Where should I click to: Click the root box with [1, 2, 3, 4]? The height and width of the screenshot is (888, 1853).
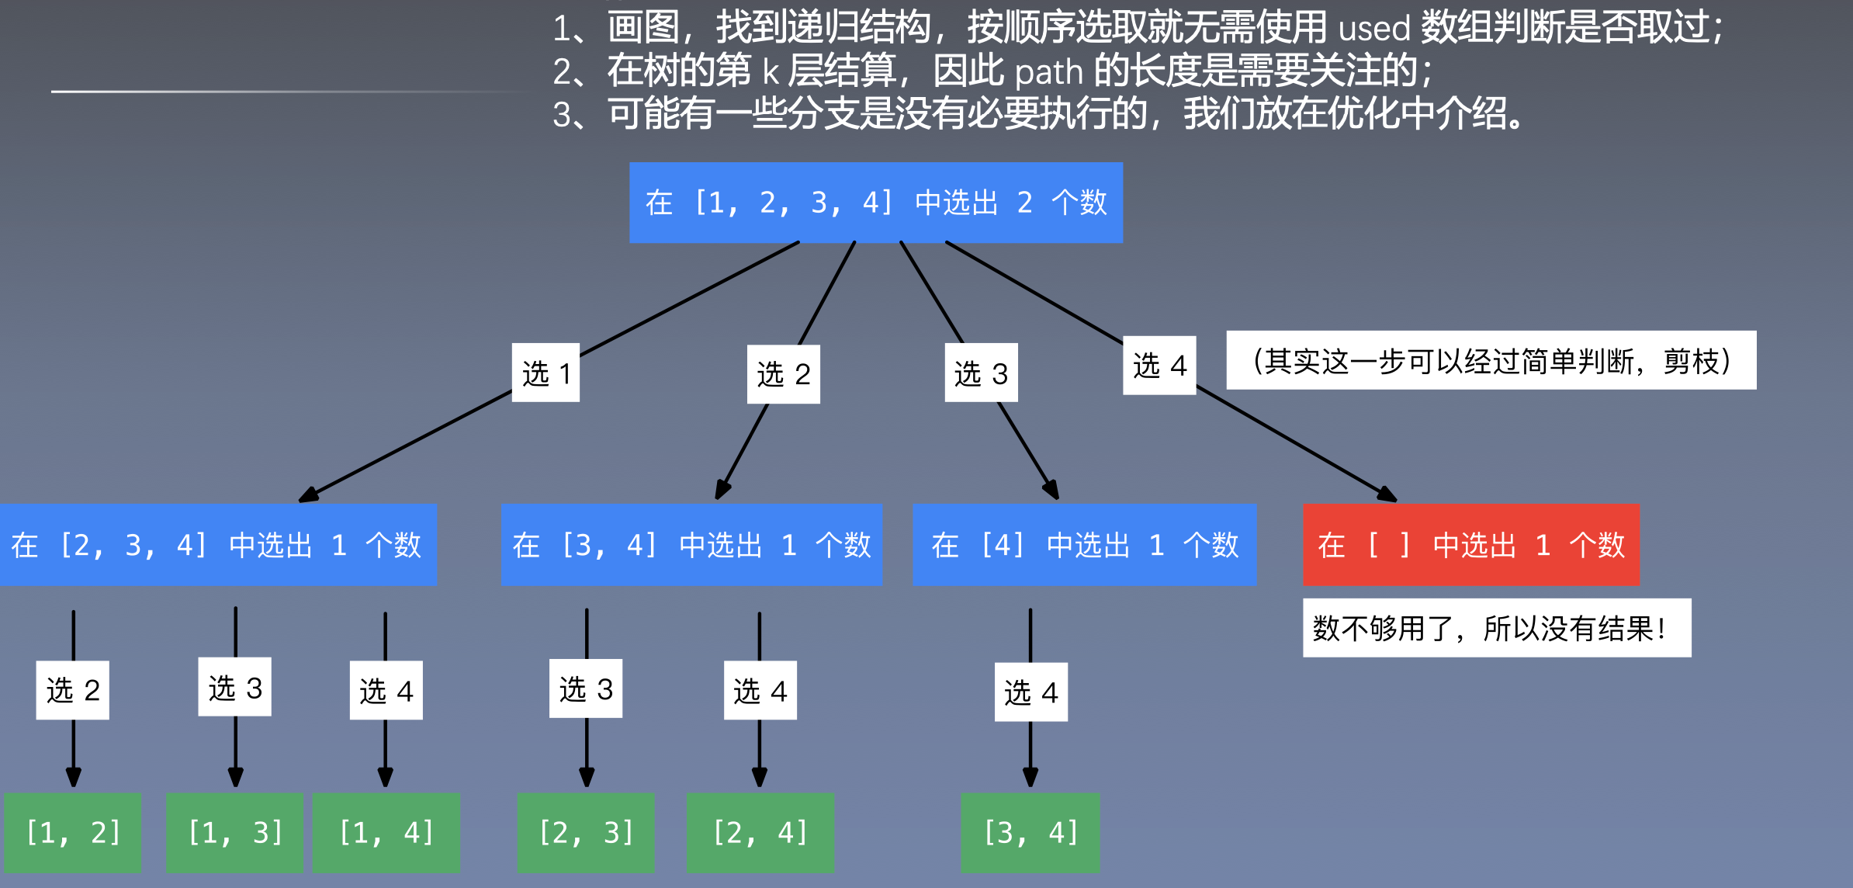(875, 203)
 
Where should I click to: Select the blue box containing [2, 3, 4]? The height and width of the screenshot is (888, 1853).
(217, 545)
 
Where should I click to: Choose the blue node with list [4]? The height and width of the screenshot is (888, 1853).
(1084, 545)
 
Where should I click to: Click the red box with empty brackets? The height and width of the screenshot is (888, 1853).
(1470, 545)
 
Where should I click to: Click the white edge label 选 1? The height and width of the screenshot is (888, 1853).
(546, 373)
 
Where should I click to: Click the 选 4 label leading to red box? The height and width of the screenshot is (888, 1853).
(1159, 366)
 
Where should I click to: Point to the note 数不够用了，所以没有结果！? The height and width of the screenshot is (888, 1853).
(1496, 628)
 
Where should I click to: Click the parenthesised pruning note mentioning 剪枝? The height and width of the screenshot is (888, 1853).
(1491, 361)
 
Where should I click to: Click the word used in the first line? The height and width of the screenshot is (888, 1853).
(1373, 29)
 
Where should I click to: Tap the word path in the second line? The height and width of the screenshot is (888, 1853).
(1048, 73)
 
